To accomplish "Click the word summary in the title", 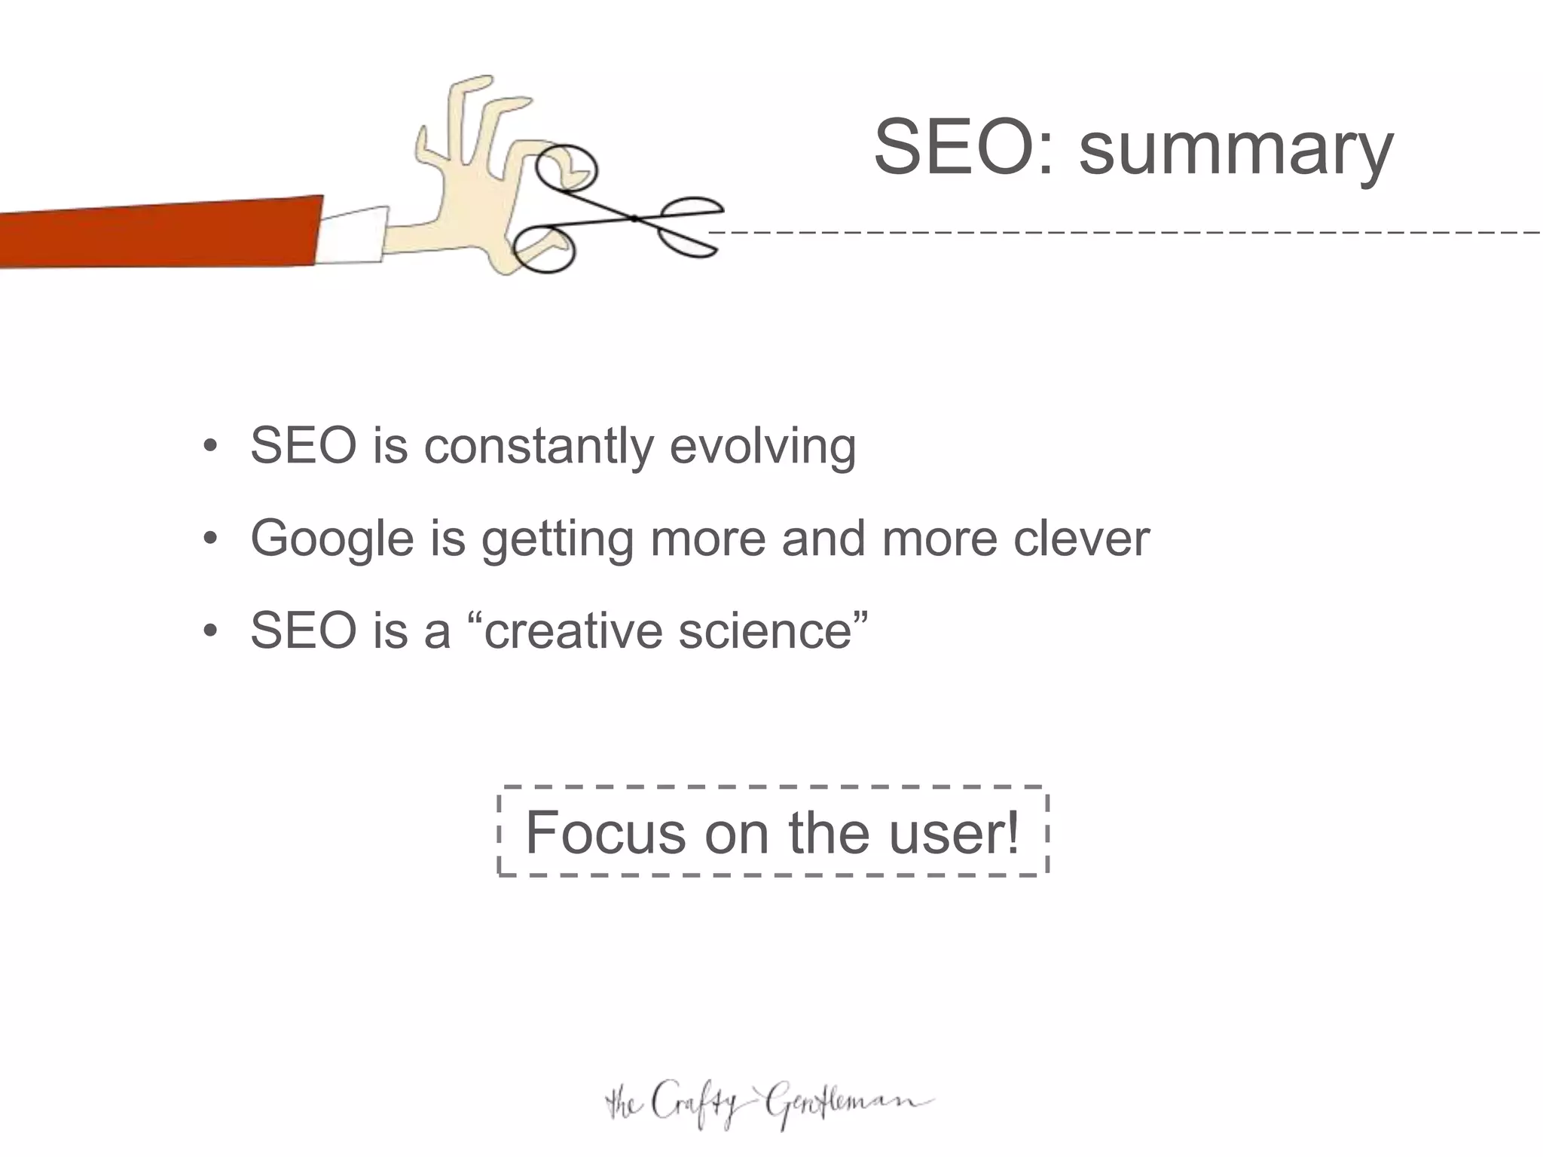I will pyautogui.click(x=1236, y=148).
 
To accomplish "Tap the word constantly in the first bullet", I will pyautogui.click(x=538, y=446).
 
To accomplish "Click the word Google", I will pyautogui.click(x=332, y=539).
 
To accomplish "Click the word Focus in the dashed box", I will pyautogui.click(x=605, y=832).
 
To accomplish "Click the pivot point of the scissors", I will pyautogui.click(x=634, y=218).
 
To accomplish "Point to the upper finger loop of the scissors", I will pyautogui.click(x=567, y=167).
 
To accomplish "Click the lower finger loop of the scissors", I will pyautogui.click(x=544, y=249).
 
